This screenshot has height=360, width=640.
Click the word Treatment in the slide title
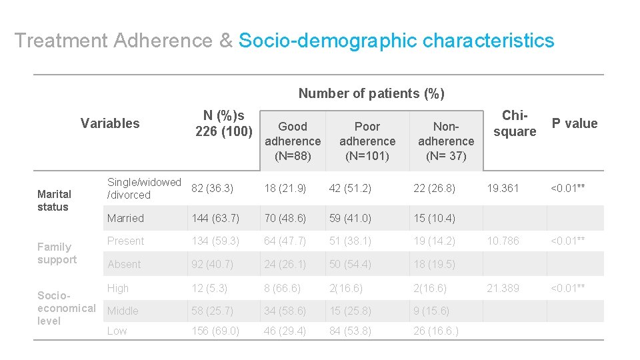click(61, 41)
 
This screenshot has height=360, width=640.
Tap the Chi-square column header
click(514, 123)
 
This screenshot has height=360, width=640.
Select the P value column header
click(574, 123)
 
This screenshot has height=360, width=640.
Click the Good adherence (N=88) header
click(293, 141)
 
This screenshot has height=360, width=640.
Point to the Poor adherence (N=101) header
click(367, 141)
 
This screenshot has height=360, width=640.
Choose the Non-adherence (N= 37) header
click(446, 141)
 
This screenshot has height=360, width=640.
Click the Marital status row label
click(54, 201)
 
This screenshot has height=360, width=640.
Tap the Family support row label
click(57, 253)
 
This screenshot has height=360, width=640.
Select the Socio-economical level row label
click(66, 308)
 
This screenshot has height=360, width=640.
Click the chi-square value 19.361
click(503, 189)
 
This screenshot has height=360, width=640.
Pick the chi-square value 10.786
click(503, 241)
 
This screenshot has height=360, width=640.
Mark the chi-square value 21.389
click(503, 288)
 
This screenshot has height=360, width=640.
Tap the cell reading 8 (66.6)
click(282, 288)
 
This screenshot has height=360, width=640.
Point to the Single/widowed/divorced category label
click(144, 189)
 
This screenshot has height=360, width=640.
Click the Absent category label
click(124, 264)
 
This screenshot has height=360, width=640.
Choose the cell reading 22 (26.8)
click(434, 189)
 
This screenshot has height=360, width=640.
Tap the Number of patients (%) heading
click(371, 93)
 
